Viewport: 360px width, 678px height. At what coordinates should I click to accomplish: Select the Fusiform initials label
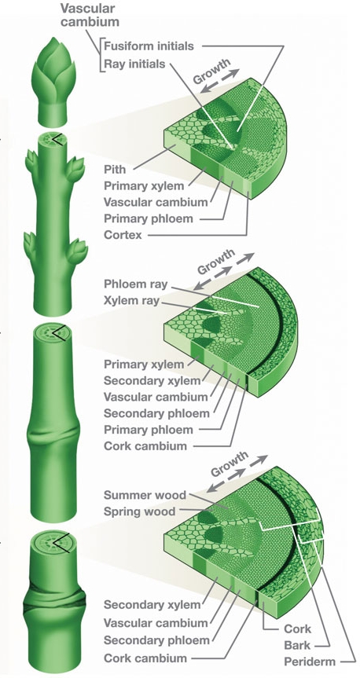coord(148,46)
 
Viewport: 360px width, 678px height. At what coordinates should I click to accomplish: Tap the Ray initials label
coord(134,64)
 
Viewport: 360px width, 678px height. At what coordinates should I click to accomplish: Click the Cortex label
coord(123,234)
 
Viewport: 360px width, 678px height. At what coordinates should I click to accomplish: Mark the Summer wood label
coord(145,495)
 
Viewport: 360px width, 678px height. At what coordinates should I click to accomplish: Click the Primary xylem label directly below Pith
coord(143,185)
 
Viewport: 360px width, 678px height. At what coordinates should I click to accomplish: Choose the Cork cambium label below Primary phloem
coord(145,446)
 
